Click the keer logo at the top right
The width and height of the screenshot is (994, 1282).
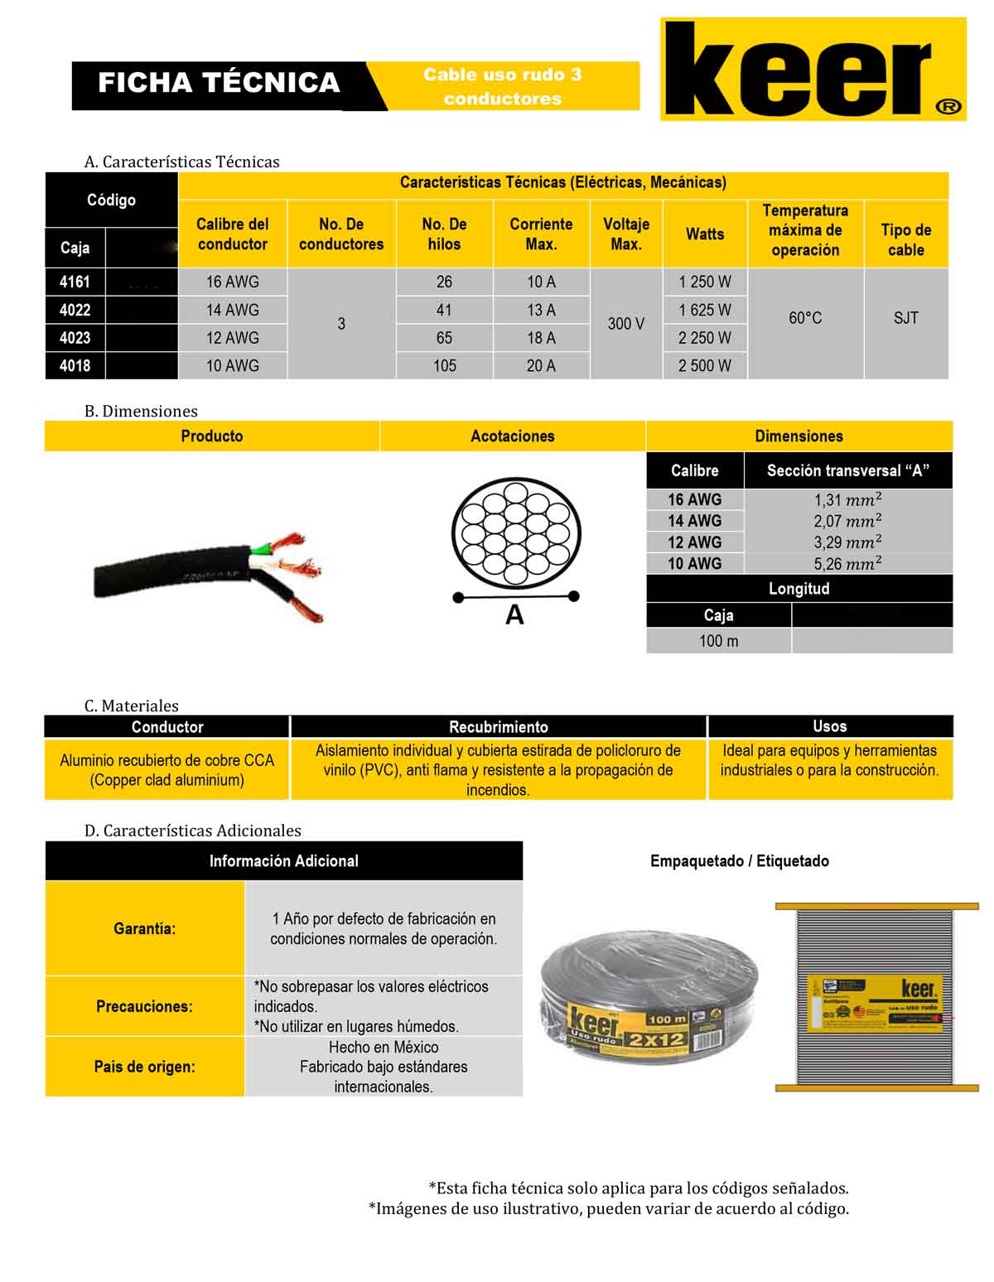pos(813,70)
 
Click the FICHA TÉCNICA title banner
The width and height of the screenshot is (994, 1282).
pos(219,83)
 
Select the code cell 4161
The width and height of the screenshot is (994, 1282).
pos(75,282)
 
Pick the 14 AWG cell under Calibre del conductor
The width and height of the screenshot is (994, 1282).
pos(232,310)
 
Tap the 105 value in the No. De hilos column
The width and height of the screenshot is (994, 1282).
pos(444,365)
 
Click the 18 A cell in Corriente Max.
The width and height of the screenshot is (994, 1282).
pos(541,338)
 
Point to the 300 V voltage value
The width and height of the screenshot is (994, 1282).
pos(626,324)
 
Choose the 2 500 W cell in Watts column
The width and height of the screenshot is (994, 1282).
pos(705,365)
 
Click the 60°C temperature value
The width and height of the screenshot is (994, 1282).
pos(805,318)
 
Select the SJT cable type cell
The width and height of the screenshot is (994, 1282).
pos(905,318)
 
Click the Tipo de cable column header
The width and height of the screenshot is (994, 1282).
pos(905,239)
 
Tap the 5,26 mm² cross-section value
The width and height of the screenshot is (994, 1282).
pos(847,564)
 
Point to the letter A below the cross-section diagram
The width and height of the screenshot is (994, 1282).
pos(514,615)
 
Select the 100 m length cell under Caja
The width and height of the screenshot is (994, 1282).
pos(718,641)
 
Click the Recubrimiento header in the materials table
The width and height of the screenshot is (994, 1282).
pos(498,727)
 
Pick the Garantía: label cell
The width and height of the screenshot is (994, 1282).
pos(145,928)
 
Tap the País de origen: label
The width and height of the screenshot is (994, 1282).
pos(145,1067)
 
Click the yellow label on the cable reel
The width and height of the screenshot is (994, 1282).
pos(875,1003)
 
